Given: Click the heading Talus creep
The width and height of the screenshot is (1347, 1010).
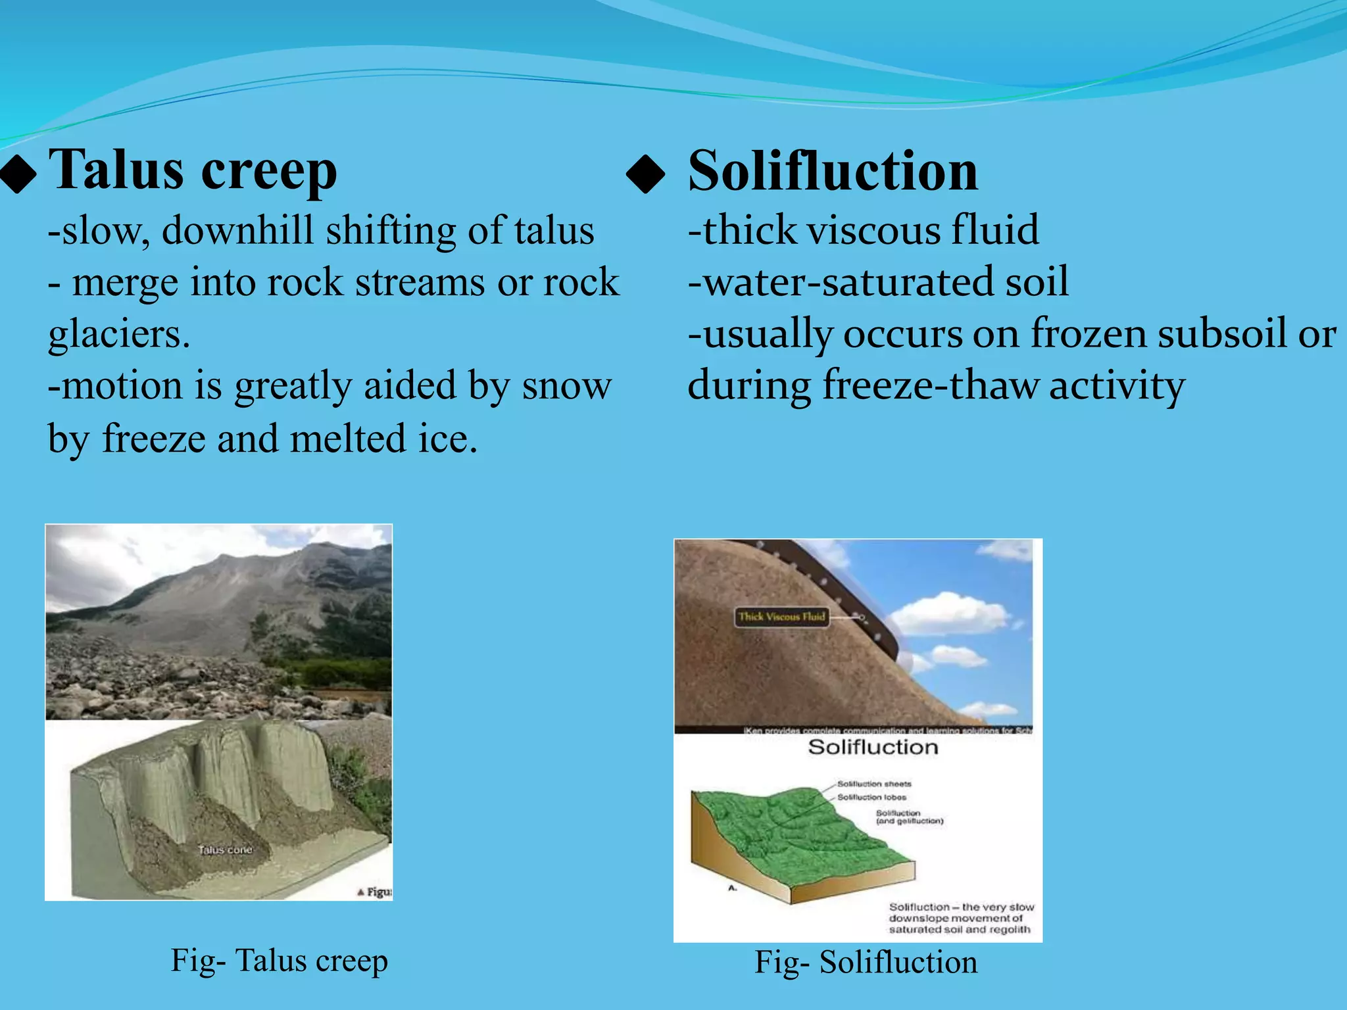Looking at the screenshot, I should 193,170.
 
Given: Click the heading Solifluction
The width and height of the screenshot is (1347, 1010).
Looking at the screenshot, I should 833,171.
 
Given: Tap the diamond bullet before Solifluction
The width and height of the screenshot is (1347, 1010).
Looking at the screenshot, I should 645,174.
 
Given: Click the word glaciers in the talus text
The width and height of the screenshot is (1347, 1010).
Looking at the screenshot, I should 118,334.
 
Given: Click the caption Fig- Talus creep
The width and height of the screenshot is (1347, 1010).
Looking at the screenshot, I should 280,961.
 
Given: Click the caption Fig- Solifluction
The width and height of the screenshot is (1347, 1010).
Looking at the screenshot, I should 866,962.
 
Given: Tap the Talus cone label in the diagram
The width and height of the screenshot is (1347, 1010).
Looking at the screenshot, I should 225,850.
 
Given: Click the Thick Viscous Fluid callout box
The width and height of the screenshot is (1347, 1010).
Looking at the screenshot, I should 781,617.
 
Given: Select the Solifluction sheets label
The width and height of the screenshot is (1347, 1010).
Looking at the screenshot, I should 874,784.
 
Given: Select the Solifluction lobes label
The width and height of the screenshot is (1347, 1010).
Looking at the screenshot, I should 871,797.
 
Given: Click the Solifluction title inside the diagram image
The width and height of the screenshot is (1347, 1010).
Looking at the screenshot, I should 873,748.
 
